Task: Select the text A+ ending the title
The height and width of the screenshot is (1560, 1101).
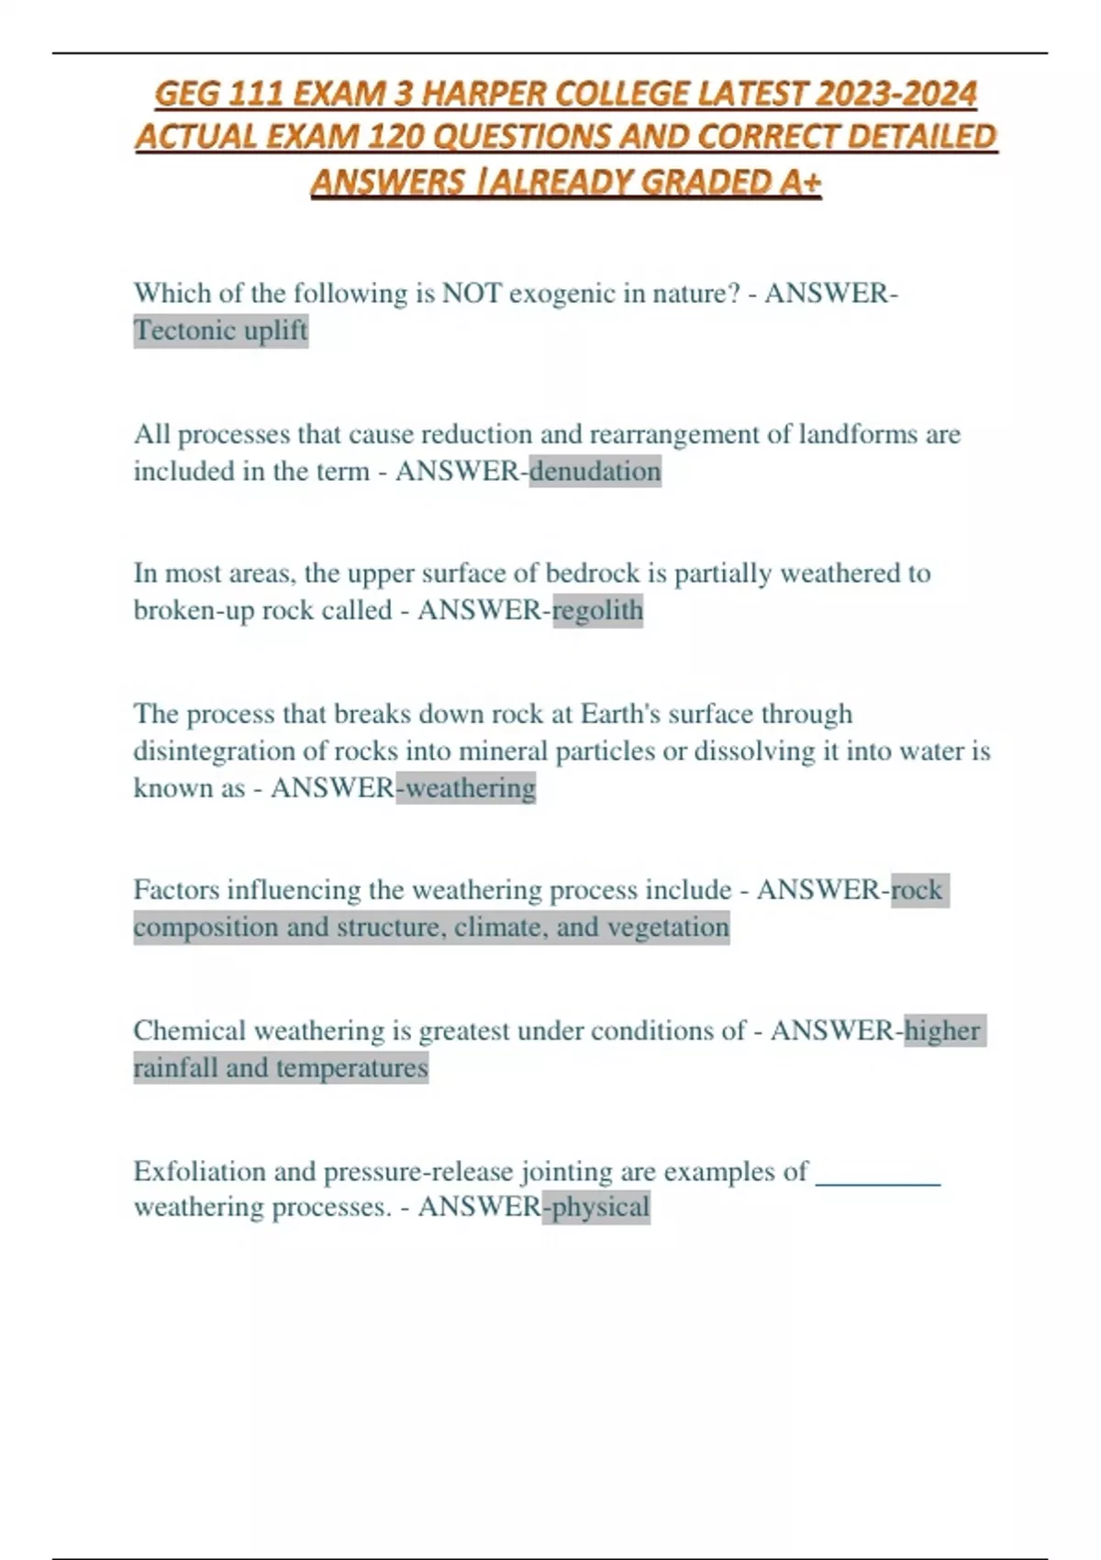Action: (800, 183)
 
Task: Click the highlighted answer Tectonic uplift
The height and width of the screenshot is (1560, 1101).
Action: (220, 330)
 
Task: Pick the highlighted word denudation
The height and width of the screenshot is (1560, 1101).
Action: (595, 472)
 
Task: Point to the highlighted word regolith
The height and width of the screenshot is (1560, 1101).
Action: (597, 610)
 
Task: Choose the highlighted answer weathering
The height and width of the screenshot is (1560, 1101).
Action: (470, 788)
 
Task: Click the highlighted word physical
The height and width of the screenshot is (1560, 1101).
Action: (600, 1207)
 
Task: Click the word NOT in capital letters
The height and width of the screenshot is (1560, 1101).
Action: (472, 294)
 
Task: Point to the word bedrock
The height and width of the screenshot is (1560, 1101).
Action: (593, 574)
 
